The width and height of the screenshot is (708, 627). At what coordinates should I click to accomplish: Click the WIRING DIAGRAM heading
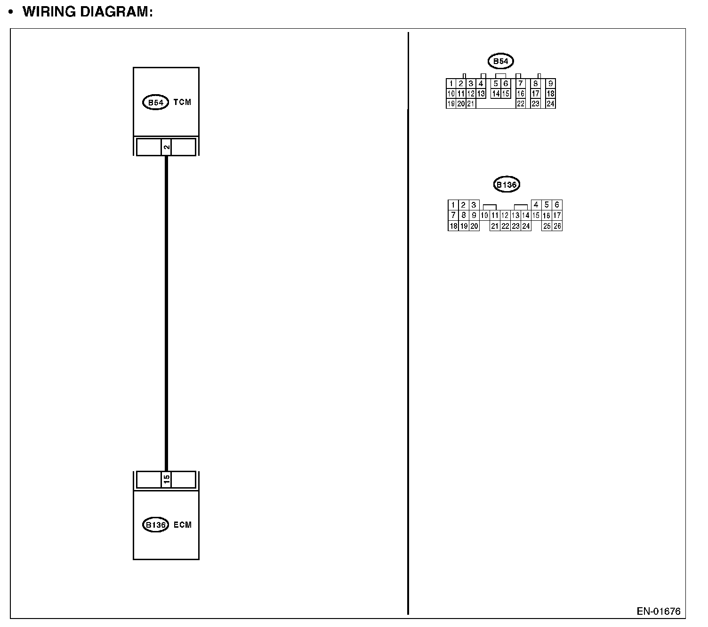(x=88, y=12)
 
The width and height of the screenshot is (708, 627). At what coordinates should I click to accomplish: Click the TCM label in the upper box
(x=182, y=102)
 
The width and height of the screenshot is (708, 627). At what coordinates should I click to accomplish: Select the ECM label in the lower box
(x=183, y=525)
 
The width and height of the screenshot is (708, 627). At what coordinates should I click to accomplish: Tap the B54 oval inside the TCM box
(x=155, y=103)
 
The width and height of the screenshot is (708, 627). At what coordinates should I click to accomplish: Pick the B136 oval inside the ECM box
(x=155, y=525)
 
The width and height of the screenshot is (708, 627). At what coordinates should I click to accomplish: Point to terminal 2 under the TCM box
(x=166, y=147)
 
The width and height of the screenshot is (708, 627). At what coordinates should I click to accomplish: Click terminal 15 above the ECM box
(x=166, y=480)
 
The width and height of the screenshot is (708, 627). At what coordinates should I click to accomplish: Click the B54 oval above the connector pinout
(x=500, y=61)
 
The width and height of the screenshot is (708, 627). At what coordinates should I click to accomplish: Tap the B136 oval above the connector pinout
(x=507, y=185)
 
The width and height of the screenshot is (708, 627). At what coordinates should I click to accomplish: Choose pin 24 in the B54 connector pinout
(x=550, y=104)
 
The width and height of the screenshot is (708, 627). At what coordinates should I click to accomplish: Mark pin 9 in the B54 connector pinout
(x=550, y=84)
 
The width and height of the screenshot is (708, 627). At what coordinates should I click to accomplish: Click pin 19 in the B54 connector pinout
(x=451, y=104)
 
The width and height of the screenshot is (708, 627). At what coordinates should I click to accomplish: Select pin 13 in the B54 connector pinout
(x=481, y=94)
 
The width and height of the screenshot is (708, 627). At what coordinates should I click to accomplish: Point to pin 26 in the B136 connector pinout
(x=557, y=226)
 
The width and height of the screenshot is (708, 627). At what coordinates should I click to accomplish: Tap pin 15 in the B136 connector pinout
(x=536, y=216)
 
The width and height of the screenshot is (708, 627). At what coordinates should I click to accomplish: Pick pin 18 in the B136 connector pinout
(x=453, y=226)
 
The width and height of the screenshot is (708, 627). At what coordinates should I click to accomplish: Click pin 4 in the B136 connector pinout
(x=536, y=205)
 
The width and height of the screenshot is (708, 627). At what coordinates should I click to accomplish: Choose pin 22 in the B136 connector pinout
(x=505, y=226)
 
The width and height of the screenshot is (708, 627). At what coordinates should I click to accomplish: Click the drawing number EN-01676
(x=659, y=611)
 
